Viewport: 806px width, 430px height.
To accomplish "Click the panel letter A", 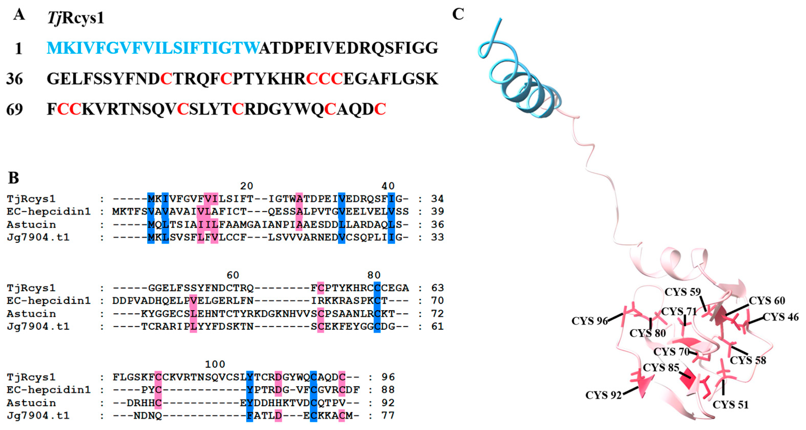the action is [19, 15].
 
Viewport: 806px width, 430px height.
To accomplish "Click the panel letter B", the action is [13, 178].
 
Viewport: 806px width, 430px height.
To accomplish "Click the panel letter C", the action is [458, 14].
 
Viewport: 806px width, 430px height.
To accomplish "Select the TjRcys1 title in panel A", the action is [75, 17].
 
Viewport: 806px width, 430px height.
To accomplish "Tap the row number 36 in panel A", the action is [14, 79].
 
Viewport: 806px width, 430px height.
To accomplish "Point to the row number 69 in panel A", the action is [14, 110].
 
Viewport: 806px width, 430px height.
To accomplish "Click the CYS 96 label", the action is [589, 321].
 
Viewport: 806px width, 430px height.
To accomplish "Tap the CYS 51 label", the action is [731, 405].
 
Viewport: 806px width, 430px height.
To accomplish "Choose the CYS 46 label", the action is [781, 317].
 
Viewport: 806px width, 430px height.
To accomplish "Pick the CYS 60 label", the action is [767, 301].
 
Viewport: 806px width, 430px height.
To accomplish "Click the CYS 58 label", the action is [748, 360].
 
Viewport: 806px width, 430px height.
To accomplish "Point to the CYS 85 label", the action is [661, 367].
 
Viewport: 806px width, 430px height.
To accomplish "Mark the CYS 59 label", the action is [682, 292].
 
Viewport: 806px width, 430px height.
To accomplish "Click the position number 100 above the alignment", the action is [215, 364].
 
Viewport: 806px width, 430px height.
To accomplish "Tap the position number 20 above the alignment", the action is [247, 186].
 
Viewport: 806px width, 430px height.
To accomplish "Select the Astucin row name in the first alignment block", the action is [31, 225].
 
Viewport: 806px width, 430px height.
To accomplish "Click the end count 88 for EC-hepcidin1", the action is [388, 390].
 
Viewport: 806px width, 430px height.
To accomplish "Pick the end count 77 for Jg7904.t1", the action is [388, 416].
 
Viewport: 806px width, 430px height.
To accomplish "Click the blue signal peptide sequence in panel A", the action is [153, 48].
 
